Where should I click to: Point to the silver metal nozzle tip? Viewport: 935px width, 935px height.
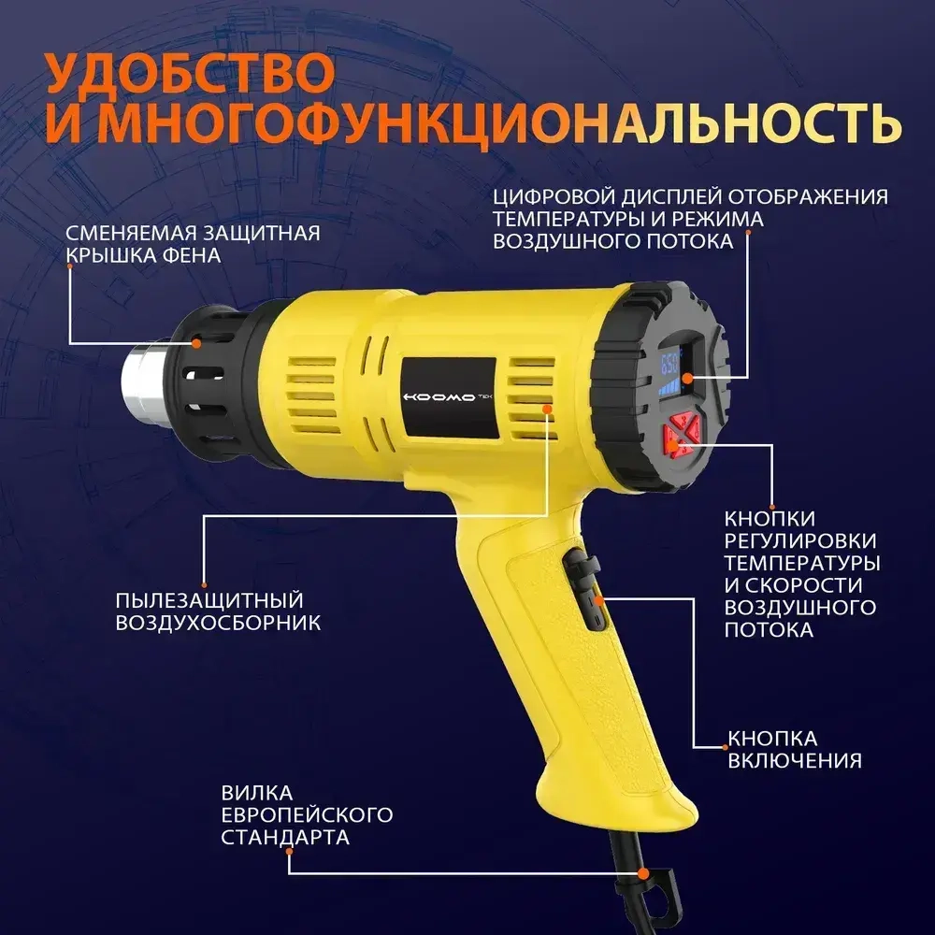pyautogui.click(x=143, y=387)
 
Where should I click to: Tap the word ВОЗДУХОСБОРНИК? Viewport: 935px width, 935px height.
pyautogui.click(x=218, y=623)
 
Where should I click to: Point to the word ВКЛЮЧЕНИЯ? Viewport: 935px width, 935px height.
pyautogui.click(x=794, y=760)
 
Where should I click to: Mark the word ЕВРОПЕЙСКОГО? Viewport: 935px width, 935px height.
pyautogui.click(x=306, y=814)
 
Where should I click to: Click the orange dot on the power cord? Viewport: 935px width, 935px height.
pyautogui.click(x=644, y=874)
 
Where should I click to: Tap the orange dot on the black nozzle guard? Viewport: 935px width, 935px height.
pyautogui.click(x=197, y=344)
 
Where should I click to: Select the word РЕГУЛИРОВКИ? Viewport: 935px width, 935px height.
pyautogui.click(x=800, y=541)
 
